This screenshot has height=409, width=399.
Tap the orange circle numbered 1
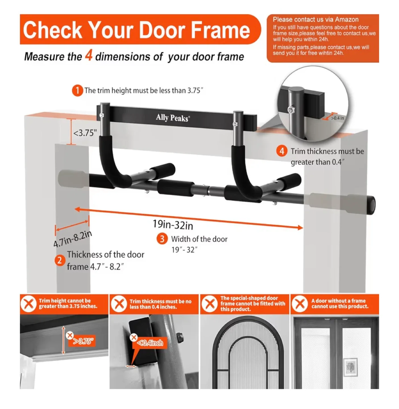coord(77,91)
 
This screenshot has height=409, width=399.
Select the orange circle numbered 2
coord(60,260)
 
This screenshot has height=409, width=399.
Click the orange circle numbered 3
coord(162,239)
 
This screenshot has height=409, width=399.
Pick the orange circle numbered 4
coord(282,151)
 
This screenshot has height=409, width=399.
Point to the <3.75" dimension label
coord(85,133)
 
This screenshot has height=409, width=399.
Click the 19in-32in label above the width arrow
coord(173,225)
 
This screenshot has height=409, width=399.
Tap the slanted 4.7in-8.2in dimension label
coord(73,239)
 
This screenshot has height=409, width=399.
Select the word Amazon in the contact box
coord(346,20)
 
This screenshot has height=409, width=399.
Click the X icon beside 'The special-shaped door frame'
coord(210,304)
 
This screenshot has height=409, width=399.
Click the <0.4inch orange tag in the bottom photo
coord(150,343)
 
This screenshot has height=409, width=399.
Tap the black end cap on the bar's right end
coord(372,205)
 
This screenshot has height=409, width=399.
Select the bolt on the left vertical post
coord(101,115)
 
